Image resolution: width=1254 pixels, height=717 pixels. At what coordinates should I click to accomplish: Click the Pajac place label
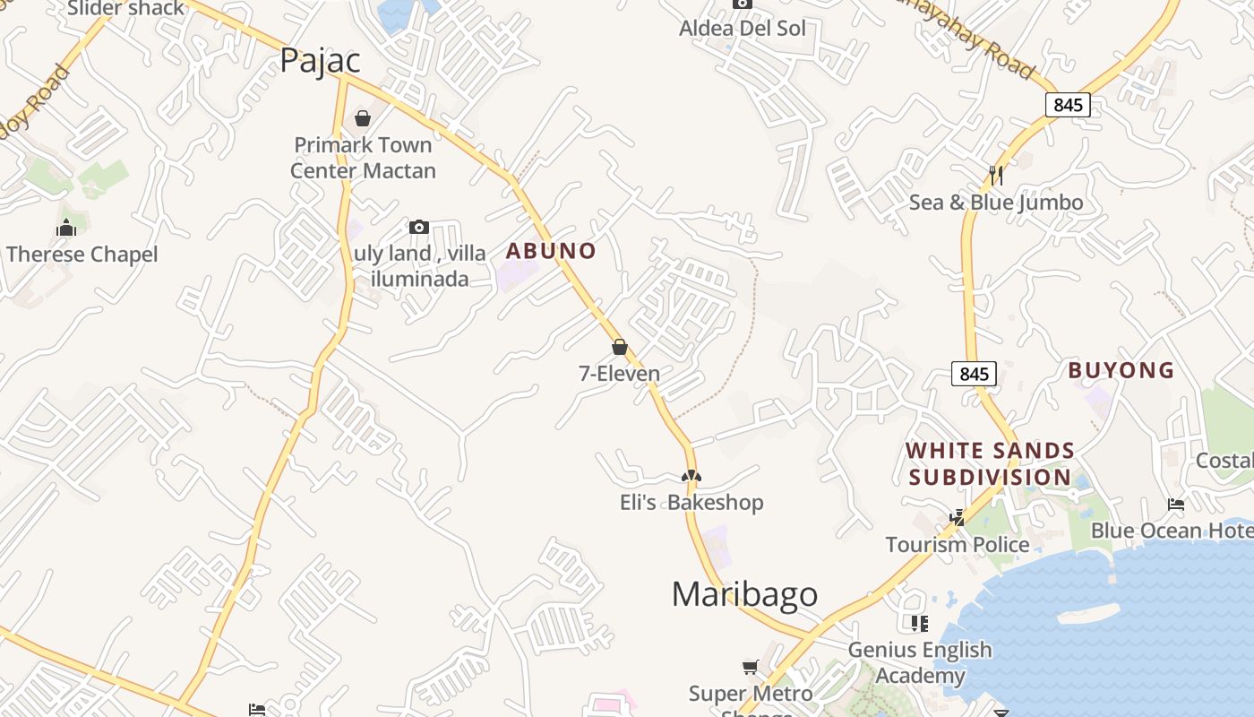click(320, 60)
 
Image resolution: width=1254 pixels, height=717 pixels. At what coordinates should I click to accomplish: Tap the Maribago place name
click(744, 593)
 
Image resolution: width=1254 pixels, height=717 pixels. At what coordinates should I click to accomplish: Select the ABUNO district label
click(551, 251)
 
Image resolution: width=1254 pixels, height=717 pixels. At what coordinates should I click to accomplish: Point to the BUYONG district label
click(1121, 370)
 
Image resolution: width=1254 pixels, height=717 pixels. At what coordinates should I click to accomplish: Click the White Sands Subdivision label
click(990, 463)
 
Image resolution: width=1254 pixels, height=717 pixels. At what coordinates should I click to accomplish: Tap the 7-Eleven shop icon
click(619, 347)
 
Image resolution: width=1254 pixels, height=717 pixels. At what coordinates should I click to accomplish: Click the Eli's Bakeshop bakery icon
click(691, 476)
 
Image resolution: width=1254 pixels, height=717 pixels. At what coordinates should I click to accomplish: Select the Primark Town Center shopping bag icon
click(363, 118)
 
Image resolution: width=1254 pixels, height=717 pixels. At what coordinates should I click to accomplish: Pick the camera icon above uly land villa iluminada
click(418, 228)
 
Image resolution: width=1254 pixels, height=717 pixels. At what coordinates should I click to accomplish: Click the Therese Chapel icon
click(66, 228)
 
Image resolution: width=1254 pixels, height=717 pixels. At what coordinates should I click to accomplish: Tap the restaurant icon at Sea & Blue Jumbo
click(995, 175)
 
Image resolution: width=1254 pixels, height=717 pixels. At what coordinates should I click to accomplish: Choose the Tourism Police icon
click(958, 517)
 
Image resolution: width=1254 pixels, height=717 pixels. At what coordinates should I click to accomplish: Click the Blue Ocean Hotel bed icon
click(1176, 505)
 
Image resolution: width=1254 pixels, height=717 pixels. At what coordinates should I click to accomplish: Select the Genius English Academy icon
click(919, 623)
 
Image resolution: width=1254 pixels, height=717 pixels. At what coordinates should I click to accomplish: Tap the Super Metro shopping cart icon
click(751, 667)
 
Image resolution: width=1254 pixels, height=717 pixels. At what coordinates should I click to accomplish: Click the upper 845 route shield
click(1067, 105)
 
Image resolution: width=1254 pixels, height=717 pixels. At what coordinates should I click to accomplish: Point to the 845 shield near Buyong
click(974, 374)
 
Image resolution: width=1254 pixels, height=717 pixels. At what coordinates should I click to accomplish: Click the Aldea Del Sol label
click(742, 28)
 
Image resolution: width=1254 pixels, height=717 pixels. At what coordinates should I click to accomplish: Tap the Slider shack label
click(125, 9)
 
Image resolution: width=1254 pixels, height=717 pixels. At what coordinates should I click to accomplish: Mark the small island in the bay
click(1087, 615)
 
